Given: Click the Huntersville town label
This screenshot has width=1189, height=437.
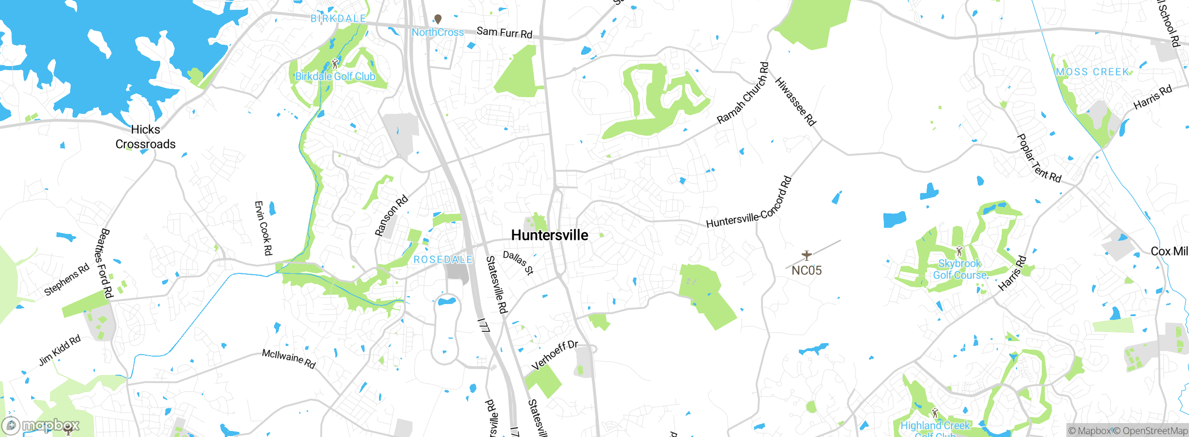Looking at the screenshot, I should coord(549,235).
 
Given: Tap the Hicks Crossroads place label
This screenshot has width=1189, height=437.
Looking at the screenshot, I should coord(145,137).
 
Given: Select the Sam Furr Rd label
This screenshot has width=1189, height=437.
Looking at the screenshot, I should coord(504,33).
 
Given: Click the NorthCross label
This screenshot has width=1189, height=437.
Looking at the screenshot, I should coord(438,33).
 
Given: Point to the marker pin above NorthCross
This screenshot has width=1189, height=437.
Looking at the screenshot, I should coord(438,19).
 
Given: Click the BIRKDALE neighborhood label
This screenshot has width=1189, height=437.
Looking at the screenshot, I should coord(338,19).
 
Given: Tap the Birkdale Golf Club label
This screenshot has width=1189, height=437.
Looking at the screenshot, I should coord(335,76).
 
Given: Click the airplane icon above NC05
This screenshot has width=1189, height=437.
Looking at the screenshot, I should coord(807,255).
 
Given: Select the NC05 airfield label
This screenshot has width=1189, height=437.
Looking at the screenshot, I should coord(807,271).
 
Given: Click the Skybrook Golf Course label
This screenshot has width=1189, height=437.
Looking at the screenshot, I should coord(960,269).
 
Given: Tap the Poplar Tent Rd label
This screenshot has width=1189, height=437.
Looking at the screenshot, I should coord(1039,159).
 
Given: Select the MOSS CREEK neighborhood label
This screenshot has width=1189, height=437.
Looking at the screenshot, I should coord(1092,72).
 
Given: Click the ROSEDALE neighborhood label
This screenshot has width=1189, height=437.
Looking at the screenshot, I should coord(443,259).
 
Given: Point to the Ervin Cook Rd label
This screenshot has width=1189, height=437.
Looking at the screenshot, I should coord(263,228).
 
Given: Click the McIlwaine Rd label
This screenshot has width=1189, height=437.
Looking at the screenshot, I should coord(289,359).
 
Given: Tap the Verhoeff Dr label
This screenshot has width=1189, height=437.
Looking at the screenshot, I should coord(555,355).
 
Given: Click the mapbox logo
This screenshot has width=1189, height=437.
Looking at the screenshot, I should coord(41,425).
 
